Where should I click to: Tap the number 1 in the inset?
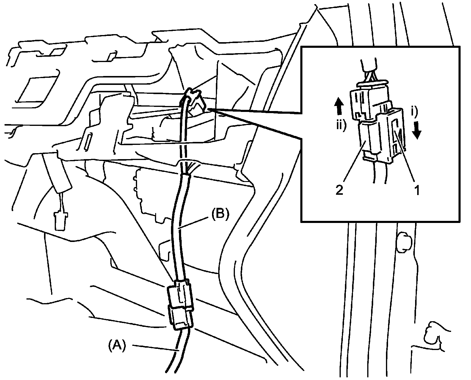click(x=417, y=190)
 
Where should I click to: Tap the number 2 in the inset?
click(x=339, y=190)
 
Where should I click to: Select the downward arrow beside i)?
click(x=417, y=130)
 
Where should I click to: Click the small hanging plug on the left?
click(x=60, y=220)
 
